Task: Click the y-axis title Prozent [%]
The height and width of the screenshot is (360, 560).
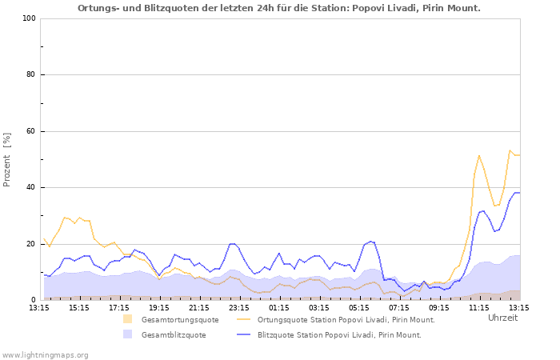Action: click(x=7, y=159)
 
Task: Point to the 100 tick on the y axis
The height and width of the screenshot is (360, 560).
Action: click(x=28, y=18)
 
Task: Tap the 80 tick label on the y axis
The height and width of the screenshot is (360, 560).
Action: click(x=30, y=75)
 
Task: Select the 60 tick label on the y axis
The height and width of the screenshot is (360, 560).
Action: click(x=30, y=131)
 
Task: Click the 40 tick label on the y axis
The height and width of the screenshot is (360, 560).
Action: click(x=30, y=188)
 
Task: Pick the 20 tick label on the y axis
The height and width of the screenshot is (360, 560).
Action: click(x=30, y=244)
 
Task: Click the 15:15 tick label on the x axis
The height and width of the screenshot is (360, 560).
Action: click(x=79, y=307)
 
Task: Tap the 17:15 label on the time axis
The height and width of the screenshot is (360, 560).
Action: click(x=119, y=307)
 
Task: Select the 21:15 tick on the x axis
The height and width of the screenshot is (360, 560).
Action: click(x=199, y=307)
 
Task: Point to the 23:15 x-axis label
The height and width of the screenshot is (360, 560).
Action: click(x=239, y=307)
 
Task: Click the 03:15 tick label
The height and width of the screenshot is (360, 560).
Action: click(x=319, y=307)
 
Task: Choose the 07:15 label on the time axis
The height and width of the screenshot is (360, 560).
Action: click(x=399, y=307)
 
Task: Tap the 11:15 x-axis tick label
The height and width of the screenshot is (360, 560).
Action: click(x=479, y=307)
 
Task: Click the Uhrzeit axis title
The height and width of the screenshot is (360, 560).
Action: click(x=502, y=318)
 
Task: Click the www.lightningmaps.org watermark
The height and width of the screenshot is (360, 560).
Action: click(x=46, y=354)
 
